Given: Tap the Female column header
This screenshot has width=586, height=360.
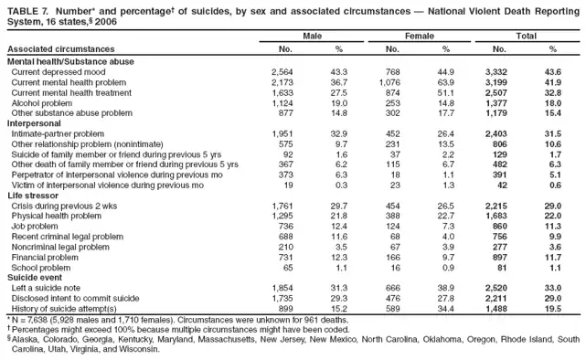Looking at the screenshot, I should pyautogui.click(x=417, y=35).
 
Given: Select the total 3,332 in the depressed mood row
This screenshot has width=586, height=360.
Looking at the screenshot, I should pyautogui.click(x=495, y=70).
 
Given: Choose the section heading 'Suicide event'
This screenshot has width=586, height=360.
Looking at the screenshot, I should pyautogui.click(x=34, y=275).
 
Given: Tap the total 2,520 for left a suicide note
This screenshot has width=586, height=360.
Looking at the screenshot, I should pyautogui.click(x=495, y=286).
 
